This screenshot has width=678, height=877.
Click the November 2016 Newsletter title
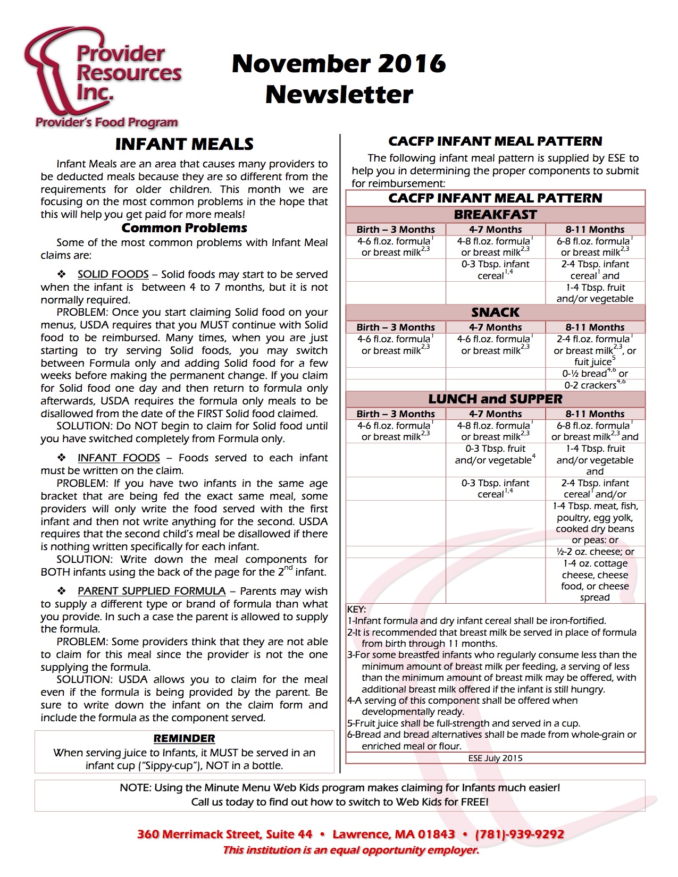(x=339, y=79)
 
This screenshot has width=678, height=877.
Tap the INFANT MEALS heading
(x=184, y=144)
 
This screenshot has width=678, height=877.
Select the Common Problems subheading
(x=184, y=228)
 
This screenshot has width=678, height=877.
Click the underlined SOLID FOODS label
(x=113, y=274)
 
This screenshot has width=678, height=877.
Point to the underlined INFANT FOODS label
(x=119, y=458)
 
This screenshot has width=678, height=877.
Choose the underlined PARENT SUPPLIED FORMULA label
(x=152, y=591)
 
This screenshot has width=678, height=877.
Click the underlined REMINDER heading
(x=184, y=738)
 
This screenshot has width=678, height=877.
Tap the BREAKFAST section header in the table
(x=495, y=215)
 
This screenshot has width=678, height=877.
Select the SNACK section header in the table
(x=495, y=312)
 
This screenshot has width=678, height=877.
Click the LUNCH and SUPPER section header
(x=495, y=399)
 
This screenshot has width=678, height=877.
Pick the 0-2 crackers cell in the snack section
(x=595, y=385)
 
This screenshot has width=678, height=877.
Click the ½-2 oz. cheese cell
(x=595, y=552)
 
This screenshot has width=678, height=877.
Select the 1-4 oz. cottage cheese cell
(x=595, y=580)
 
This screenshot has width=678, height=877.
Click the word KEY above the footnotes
(x=356, y=609)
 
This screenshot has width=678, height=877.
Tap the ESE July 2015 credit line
(x=495, y=758)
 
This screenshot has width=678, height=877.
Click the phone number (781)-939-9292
(x=519, y=834)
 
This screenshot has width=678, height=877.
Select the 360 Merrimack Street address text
(x=224, y=834)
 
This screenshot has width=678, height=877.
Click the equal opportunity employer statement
(x=351, y=850)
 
